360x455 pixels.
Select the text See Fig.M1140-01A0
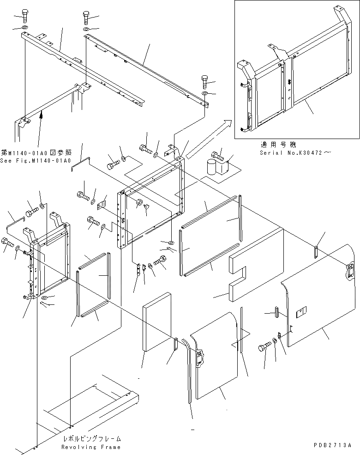point(36,161)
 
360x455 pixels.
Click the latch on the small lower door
point(201,358)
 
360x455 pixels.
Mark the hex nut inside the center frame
point(139,203)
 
